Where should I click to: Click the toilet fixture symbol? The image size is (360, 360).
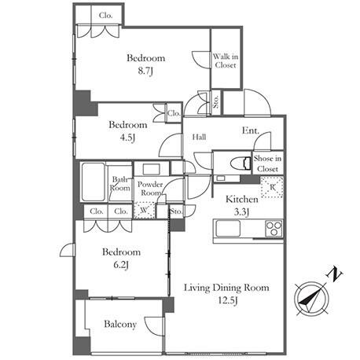coord(241,163)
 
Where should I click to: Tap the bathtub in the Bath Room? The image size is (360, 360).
coord(94,182)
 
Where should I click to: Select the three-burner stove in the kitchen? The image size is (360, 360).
coord(274,229)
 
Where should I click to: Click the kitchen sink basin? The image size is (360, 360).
coord(228,229)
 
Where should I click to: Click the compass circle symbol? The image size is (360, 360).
coord(311,299)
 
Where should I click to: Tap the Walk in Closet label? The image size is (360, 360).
coord(226,61)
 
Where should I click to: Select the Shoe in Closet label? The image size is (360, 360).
coord(267,163)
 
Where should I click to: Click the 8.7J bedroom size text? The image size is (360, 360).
coord(145,71)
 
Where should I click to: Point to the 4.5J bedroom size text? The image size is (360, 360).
coord(127,138)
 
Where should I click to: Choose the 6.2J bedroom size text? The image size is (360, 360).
coord(121,265)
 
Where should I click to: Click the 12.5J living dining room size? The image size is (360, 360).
coord(228,300)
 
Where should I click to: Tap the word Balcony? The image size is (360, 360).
coord(120,325)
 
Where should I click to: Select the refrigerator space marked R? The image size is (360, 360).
coord(272,187)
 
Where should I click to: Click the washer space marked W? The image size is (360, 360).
coord(145,210)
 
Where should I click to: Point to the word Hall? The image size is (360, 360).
coord(199,137)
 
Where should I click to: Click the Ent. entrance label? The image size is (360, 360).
coord(251,130)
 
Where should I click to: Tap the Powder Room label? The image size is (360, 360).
coord(150,189)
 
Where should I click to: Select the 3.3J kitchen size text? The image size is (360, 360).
coord(241,212)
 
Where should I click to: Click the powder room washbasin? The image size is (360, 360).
coord(152,169)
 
